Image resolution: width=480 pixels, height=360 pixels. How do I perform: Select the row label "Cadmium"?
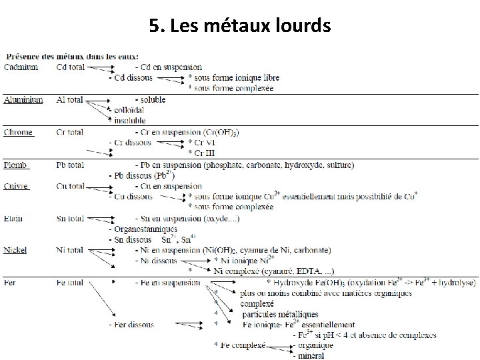click(21, 67)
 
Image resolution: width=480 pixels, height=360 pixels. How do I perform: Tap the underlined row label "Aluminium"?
click(23, 99)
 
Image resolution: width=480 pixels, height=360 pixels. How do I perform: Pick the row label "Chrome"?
click(19, 132)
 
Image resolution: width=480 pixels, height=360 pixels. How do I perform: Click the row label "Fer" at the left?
click(11, 283)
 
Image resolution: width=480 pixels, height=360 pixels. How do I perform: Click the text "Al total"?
click(70, 99)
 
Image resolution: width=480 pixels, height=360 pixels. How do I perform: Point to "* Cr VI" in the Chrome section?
click(201, 143)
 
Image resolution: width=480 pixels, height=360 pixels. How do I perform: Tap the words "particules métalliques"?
click(280, 314)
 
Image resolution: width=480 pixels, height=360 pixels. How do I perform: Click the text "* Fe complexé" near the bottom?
click(239, 345)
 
